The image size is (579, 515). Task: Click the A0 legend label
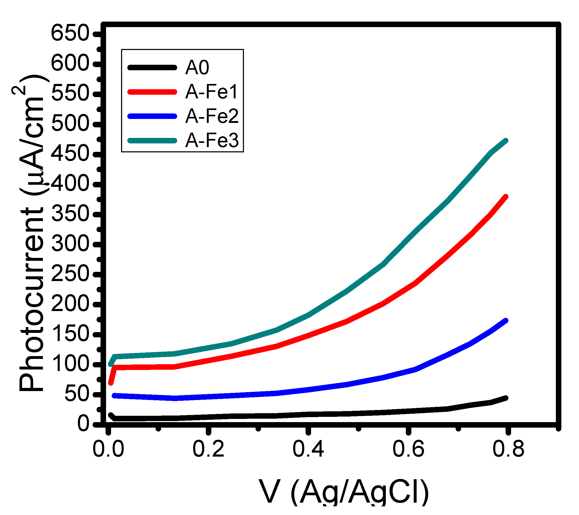(197, 68)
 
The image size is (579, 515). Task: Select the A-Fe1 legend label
(211, 92)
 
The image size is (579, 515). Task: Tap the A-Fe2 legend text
(212, 116)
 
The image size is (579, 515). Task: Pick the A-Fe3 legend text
(212, 141)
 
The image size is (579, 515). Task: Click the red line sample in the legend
(152, 92)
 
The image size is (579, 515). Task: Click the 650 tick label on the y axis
(70, 33)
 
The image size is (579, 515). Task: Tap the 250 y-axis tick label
(70, 274)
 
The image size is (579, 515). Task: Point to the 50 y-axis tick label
(77, 394)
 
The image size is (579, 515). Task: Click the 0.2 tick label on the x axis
(208, 449)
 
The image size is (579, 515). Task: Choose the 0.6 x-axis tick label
(408, 449)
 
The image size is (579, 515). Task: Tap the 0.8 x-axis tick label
(508, 449)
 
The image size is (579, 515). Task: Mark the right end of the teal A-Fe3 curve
(506, 141)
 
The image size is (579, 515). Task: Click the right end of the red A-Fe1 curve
(506, 197)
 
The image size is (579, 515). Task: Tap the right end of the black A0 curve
(506, 398)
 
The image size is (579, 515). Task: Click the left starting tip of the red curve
(111, 383)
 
